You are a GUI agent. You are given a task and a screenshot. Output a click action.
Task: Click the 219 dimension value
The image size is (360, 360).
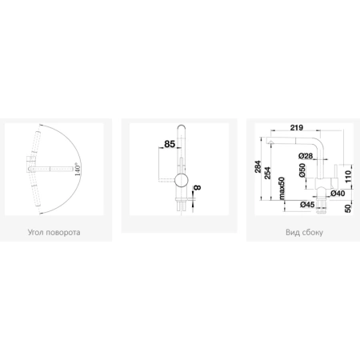297,128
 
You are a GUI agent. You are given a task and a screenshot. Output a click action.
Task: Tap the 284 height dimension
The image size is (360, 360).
258,166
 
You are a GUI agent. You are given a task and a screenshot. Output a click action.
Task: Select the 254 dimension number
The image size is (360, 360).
267,173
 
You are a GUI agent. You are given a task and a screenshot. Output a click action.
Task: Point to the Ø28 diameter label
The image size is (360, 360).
306,155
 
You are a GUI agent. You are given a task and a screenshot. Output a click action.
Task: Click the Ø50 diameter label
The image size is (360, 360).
302,170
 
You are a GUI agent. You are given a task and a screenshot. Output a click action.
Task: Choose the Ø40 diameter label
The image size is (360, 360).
338,194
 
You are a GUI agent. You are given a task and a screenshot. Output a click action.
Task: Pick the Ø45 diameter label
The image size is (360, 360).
307,205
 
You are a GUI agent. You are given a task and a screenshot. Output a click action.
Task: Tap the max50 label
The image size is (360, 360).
282,188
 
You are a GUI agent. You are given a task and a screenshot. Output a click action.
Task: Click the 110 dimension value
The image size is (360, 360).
348,177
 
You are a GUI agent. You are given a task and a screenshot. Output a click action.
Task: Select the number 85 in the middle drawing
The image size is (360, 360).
170,144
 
